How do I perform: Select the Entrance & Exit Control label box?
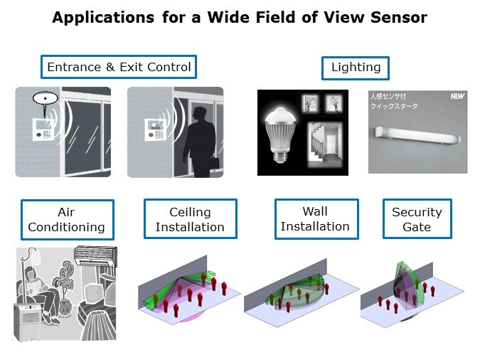pos(119,68)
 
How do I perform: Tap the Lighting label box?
pos(356,68)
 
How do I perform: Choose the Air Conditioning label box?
pos(67,219)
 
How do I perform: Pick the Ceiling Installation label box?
pos(190,219)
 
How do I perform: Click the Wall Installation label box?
pos(315,218)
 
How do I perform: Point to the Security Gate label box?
pos(417,219)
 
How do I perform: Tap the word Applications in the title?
pos(101,18)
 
